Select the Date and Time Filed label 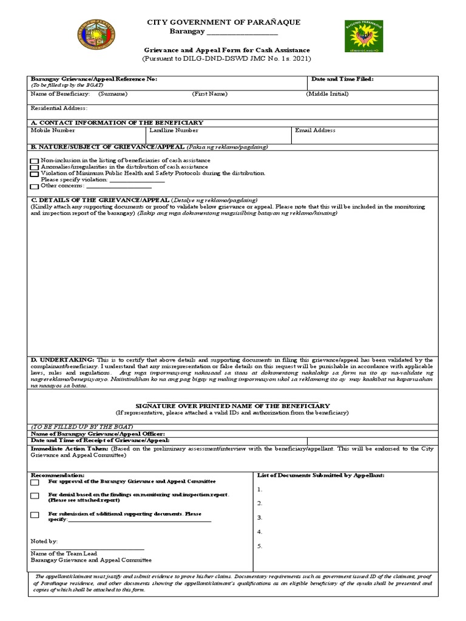[342, 79]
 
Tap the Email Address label [315, 130]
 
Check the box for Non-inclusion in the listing [35, 161]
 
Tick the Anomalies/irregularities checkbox [35, 167]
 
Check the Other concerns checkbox [35, 186]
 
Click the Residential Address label [59, 109]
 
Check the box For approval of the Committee [35, 483]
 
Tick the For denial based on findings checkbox [35, 496]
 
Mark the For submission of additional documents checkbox [35, 515]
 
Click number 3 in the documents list [260, 517]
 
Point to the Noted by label [44, 541]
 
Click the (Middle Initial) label [328, 94]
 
